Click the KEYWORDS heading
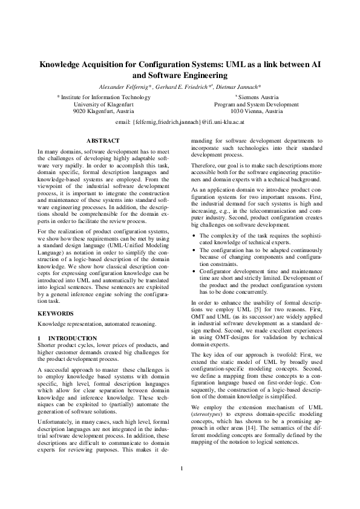pyautogui.click(x=56, y=314)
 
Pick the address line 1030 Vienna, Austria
pyautogui.click(x=257, y=111)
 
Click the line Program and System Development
pyautogui.click(x=257, y=104)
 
